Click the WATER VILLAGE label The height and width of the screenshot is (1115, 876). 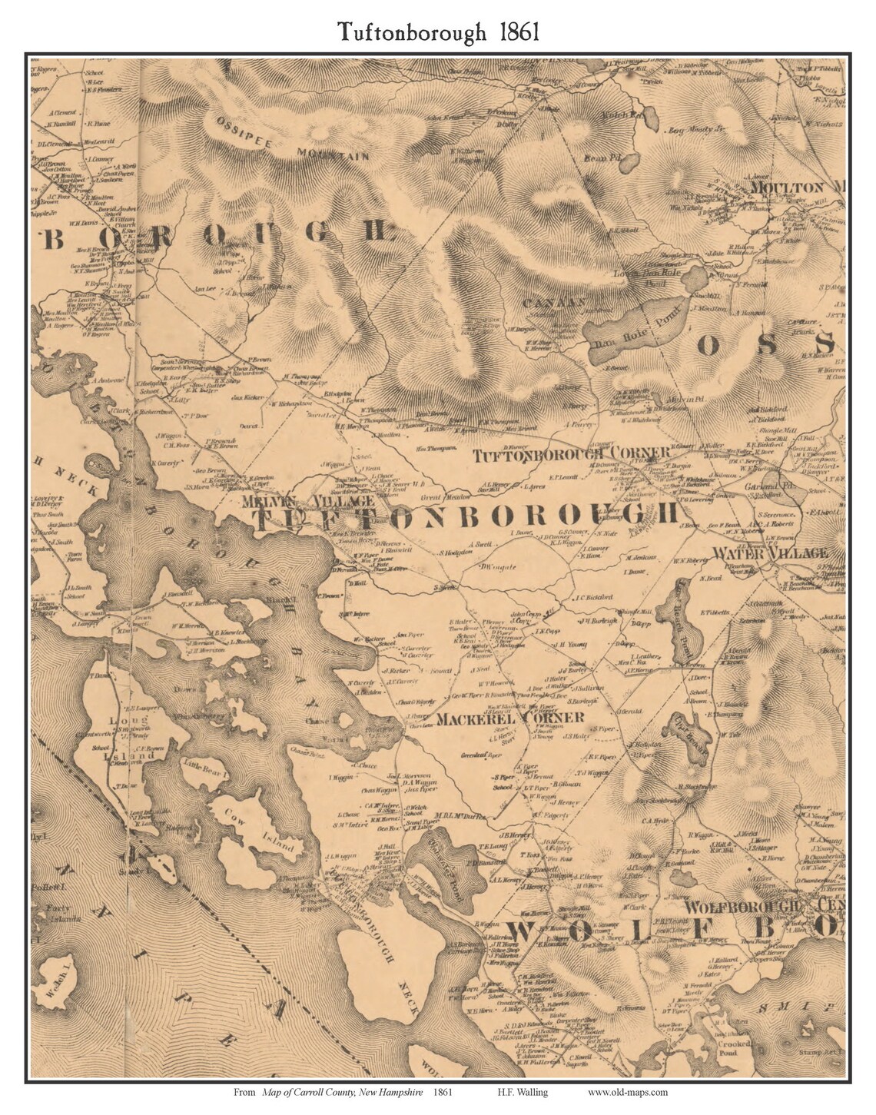tap(770, 553)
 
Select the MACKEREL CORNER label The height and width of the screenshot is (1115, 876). tap(510, 718)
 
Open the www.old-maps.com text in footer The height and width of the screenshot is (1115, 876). tap(628, 1093)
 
